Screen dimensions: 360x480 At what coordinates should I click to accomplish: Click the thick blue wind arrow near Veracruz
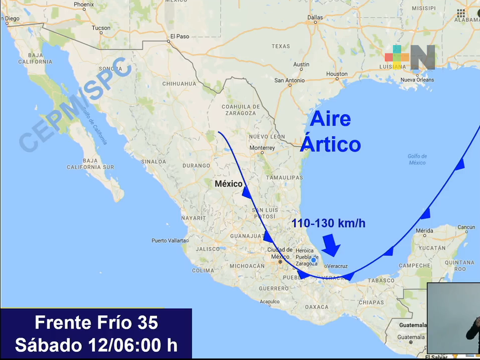point(331,246)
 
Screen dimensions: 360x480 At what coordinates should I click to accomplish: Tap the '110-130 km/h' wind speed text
point(328,223)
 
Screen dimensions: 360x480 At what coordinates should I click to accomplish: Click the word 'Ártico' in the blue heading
point(330,144)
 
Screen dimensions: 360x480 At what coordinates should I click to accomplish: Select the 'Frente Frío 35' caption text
point(97,323)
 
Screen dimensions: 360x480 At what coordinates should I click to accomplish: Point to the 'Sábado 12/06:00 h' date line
point(96,344)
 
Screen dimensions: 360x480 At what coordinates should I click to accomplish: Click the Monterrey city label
point(262,148)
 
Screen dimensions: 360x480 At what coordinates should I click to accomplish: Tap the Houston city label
point(336,74)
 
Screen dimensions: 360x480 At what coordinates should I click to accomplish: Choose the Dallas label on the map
point(315,17)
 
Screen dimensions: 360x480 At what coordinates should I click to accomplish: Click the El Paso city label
point(180,37)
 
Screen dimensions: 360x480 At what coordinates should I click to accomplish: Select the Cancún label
point(465,227)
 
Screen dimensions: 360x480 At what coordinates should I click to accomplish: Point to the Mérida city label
point(424,231)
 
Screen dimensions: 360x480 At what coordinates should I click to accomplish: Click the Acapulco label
point(269,301)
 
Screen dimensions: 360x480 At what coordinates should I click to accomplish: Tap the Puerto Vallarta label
point(170,241)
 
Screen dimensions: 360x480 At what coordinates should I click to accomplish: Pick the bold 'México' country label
point(228,184)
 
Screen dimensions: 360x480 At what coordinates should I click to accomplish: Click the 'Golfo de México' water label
point(416,159)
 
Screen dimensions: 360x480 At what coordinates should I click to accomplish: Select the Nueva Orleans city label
point(417,80)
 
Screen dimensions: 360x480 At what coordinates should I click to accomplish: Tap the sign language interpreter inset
point(453,319)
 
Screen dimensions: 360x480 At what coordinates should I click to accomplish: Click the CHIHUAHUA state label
point(179,84)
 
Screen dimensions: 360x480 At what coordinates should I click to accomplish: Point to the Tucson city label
point(101,28)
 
